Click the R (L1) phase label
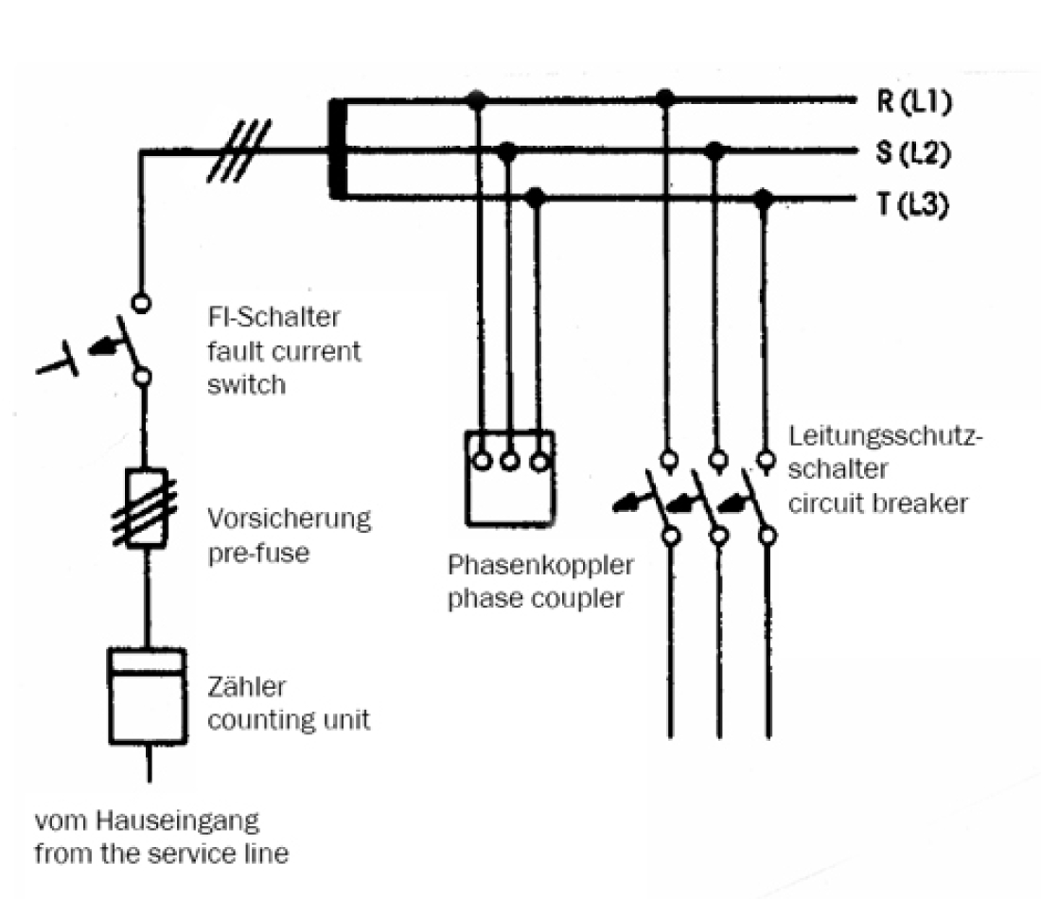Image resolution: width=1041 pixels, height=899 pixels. pyautogui.click(x=913, y=103)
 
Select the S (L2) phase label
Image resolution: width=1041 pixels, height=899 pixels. pyautogui.click(x=913, y=152)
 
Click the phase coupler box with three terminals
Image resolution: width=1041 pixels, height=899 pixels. pyautogui.click(x=509, y=478)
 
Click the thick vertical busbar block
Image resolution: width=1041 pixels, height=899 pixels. pyautogui.click(x=337, y=150)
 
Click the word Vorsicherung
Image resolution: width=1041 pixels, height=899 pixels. pyautogui.click(x=289, y=520)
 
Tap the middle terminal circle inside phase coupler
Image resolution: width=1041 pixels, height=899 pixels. pyautogui.click(x=509, y=462)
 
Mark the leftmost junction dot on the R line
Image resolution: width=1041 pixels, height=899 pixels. pyautogui.click(x=478, y=97)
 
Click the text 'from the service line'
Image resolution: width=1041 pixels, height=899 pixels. pyautogui.click(x=161, y=853)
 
